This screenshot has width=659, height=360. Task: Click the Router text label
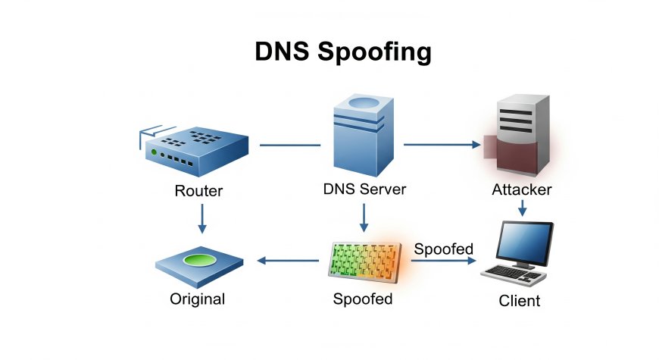(198, 191)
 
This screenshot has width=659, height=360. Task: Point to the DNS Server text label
(364, 189)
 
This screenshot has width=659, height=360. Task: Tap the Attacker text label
(521, 189)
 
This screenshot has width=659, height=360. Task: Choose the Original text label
(198, 299)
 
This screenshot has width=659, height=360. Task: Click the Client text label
(520, 301)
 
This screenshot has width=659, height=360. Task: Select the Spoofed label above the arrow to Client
(444, 249)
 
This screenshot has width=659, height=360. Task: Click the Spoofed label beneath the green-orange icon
(363, 299)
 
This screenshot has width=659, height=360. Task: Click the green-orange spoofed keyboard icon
(364, 261)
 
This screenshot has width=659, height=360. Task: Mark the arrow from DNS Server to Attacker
(442, 143)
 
